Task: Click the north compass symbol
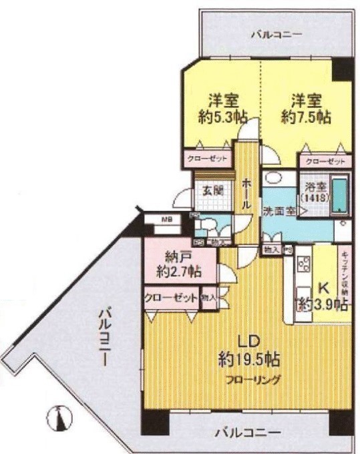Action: pos(58,418)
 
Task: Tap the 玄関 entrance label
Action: pos(213,190)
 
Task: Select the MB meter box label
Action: pos(165,218)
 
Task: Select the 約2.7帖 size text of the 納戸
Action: pos(180,272)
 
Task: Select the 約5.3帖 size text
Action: pos(222,116)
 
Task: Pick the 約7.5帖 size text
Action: pos(306,116)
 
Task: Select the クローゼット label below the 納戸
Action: pos(171,297)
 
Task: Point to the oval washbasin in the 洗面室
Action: pos(273,178)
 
